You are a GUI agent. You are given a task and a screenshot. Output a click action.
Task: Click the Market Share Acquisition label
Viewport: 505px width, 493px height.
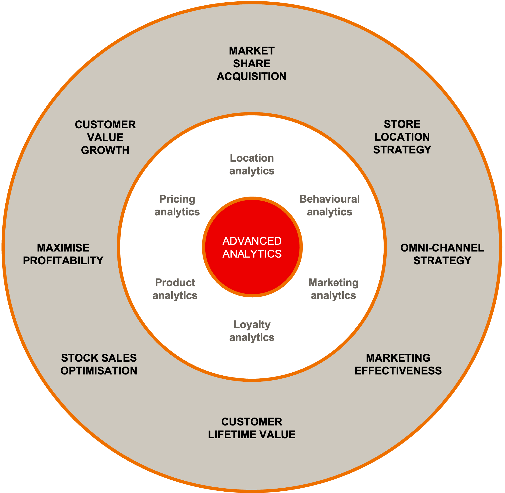(x=252, y=64)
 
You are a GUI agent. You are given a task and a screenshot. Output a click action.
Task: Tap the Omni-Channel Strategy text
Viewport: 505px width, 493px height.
(x=442, y=254)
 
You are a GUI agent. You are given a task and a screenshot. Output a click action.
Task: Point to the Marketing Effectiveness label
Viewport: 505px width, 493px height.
(x=398, y=364)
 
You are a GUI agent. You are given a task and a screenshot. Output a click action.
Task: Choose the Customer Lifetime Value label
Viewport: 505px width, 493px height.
(x=252, y=428)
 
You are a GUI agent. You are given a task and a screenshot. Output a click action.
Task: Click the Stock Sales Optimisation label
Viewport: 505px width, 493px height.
(x=99, y=364)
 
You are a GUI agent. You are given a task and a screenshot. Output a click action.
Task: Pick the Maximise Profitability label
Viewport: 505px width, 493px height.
(x=63, y=254)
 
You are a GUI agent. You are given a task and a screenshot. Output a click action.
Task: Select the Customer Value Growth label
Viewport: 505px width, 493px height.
(x=105, y=137)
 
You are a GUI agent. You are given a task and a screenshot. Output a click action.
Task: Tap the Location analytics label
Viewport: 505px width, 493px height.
(x=252, y=165)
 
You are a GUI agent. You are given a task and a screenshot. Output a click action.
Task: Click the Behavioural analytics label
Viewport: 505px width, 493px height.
(x=329, y=206)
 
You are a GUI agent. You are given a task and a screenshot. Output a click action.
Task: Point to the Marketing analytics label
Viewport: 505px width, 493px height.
(x=333, y=289)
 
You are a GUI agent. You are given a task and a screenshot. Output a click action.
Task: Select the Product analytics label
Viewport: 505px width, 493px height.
(x=175, y=289)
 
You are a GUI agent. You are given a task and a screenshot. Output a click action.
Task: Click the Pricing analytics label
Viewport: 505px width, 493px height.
(x=177, y=206)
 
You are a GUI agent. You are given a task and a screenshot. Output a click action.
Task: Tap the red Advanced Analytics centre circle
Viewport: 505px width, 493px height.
(x=252, y=247)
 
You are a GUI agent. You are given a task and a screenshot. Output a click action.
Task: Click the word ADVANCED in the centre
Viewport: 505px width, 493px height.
(x=252, y=241)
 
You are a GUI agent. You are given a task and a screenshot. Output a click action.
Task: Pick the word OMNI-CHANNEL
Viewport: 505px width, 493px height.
(x=442, y=248)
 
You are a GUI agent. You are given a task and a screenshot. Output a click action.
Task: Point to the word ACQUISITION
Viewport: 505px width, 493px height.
(x=252, y=77)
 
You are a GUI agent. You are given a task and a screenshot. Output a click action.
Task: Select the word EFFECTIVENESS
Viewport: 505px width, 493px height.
(x=398, y=371)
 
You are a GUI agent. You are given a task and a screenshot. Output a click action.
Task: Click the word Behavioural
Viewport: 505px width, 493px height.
(x=329, y=199)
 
